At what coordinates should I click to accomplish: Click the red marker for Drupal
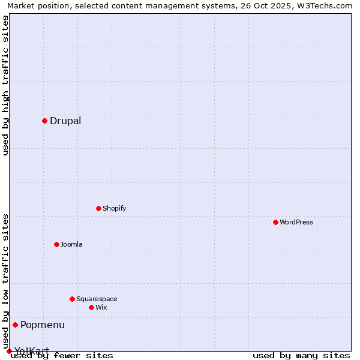click(44, 121)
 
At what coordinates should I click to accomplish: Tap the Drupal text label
click(65, 121)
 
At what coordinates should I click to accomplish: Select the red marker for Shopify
click(98, 208)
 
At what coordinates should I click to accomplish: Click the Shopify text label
click(114, 209)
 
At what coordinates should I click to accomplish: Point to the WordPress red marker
click(275, 222)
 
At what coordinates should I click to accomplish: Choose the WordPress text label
click(296, 223)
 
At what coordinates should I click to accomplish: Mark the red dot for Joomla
click(56, 244)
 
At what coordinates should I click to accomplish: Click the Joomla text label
click(71, 245)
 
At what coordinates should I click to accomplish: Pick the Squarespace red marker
click(72, 299)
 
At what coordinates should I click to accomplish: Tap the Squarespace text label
click(97, 299)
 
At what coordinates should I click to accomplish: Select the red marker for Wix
click(91, 307)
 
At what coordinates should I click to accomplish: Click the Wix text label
click(101, 308)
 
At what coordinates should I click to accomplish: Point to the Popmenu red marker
click(15, 325)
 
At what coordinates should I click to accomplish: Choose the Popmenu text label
click(43, 325)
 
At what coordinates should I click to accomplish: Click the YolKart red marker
click(9, 351)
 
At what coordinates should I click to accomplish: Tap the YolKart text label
click(32, 351)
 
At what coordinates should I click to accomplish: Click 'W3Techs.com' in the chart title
click(327, 6)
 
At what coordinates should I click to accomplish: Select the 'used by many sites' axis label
click(301, 356)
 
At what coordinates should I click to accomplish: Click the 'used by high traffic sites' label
click(6, 85)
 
